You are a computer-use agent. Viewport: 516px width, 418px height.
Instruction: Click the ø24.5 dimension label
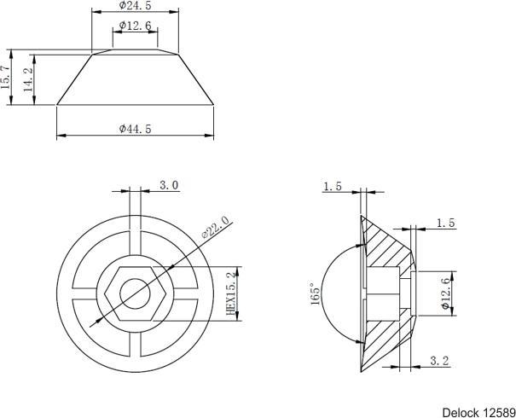click(x=135, y=5)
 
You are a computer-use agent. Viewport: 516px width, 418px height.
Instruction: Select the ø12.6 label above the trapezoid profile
click(x=135, y=26)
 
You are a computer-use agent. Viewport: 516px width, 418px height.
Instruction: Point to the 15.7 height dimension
click(x=6, y=78)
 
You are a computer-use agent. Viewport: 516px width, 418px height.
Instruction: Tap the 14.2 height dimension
click(x=28, y=79)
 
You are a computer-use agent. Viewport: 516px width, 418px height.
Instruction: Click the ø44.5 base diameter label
click(x=136, y=129)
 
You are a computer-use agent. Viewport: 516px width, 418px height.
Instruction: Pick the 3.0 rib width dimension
click(x=169, y=185)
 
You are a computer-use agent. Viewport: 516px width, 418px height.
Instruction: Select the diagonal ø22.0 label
click(x=216, y=229)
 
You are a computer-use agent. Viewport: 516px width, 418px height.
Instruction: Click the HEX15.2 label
click(x=229, y=294)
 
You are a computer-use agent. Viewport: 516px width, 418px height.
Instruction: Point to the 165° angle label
click(x=315, y=294)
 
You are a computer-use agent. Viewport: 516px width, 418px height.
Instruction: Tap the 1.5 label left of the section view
click(x=333, y=187)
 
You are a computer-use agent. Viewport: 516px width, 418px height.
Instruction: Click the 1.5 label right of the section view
click(x=445, y=224)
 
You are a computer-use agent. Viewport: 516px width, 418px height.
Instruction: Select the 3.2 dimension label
click(x=438, y=362)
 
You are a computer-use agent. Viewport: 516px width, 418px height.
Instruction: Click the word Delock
click(x=461, y=412)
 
